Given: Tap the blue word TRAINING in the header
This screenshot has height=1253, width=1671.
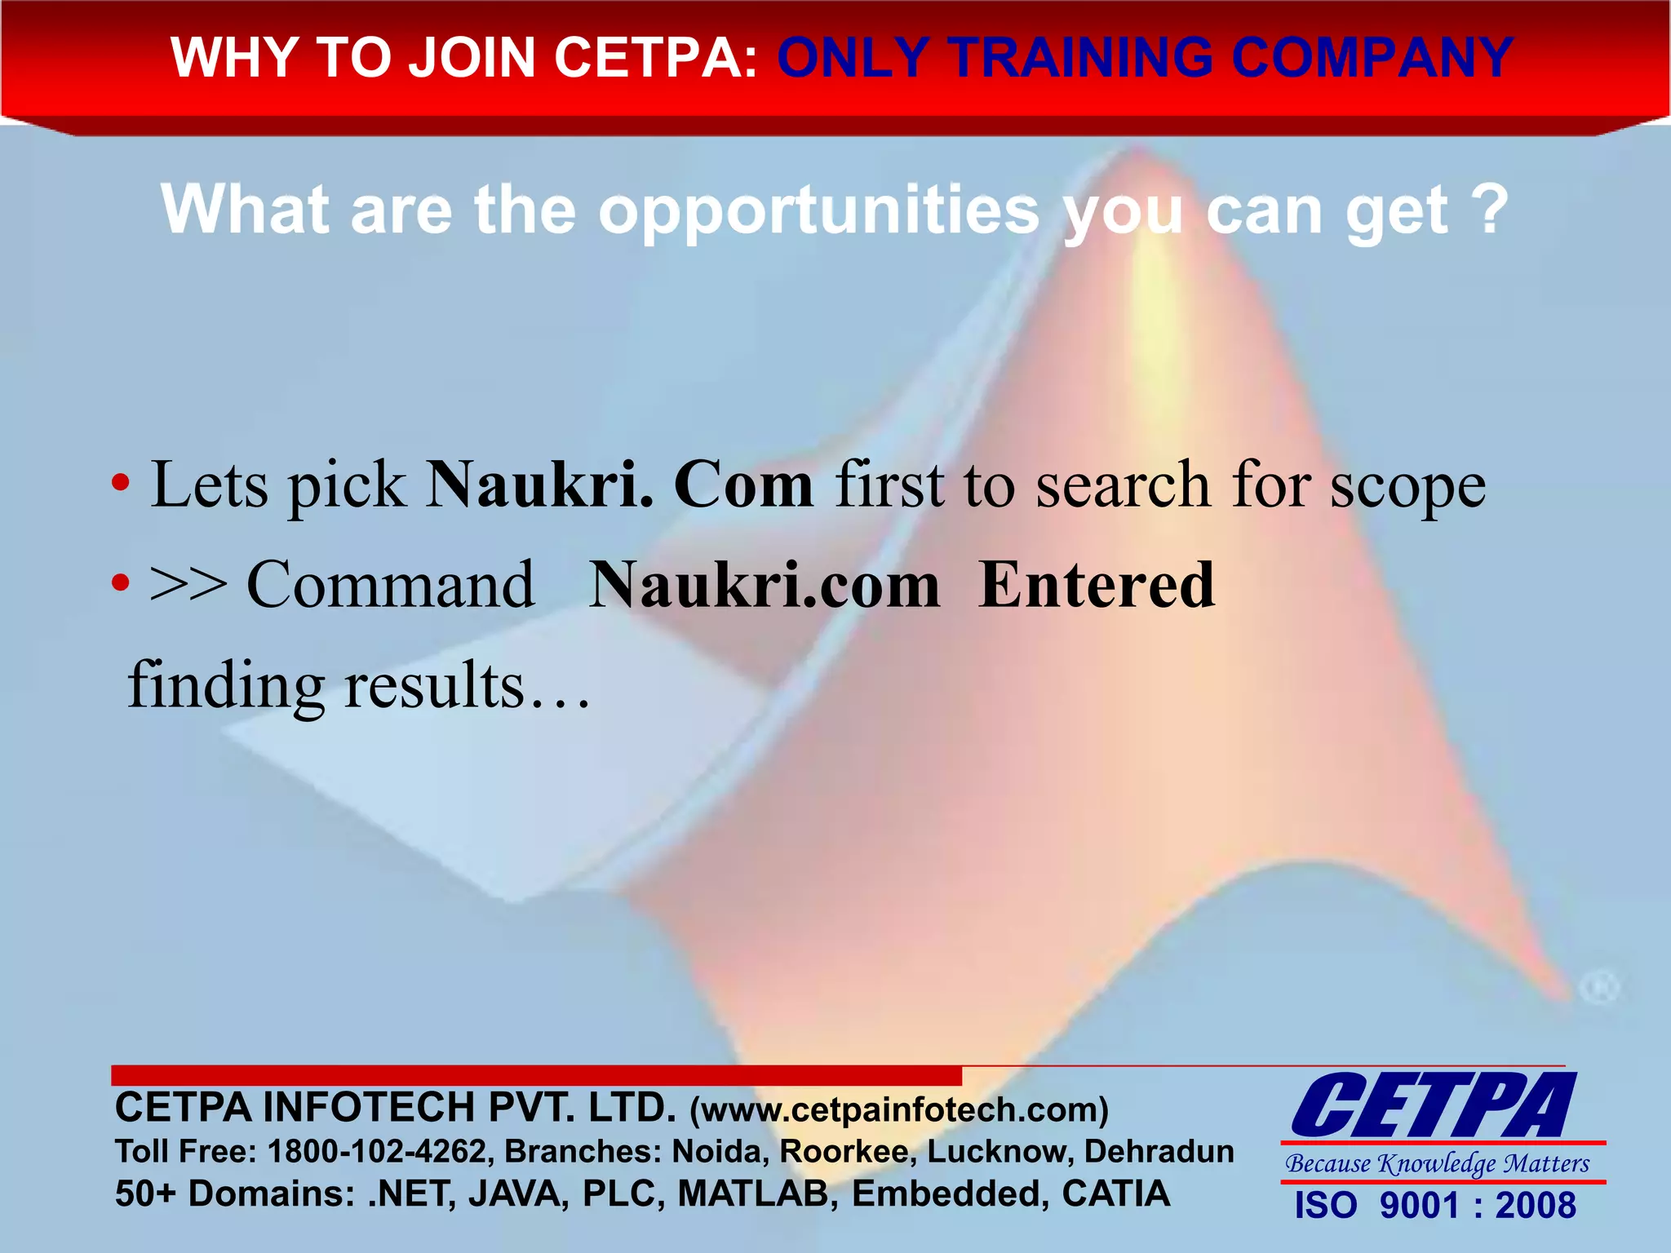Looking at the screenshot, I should point(1082,58).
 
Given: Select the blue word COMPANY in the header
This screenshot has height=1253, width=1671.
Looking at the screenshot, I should point(1372,58).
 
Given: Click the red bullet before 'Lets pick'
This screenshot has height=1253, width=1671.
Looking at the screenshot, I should point(121,484).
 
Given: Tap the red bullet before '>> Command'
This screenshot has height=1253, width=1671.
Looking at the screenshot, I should point(121,583).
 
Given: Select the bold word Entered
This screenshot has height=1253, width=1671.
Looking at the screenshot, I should point(1097,585).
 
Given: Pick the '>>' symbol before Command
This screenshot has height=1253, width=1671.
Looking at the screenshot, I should point(188,585).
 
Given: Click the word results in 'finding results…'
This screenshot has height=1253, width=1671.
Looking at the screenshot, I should point(434,685).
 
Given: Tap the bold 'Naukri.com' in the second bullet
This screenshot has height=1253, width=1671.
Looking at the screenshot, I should point(765,585).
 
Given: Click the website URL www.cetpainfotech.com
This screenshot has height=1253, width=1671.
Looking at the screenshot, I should point(899,1110).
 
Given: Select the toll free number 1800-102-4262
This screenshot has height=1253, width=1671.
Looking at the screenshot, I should point(376,1151).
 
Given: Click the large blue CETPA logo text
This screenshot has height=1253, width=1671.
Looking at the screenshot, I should point(1433,1106).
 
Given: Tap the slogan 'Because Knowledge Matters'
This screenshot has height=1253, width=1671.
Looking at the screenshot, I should point(1438,1163).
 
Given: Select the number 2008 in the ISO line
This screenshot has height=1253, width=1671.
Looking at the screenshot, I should point(1536,1206).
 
